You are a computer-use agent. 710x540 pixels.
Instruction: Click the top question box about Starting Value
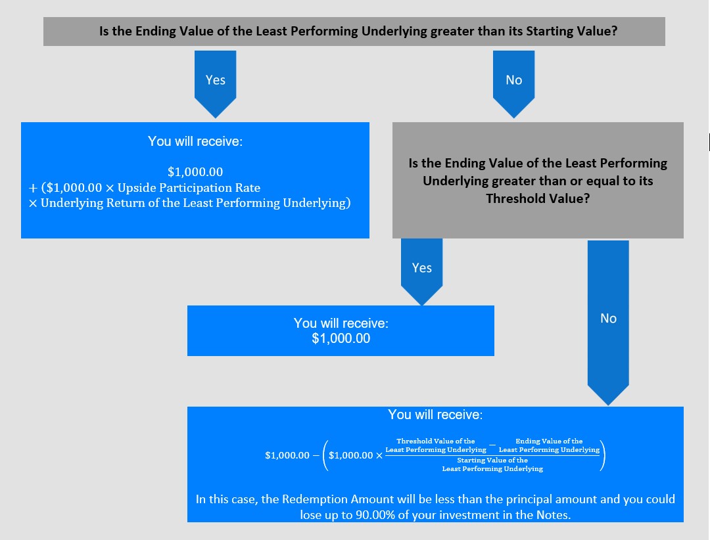pos(354,31)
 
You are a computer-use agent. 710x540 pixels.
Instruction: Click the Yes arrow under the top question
pos(215,80)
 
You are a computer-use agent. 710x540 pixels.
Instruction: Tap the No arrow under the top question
pos(513,80)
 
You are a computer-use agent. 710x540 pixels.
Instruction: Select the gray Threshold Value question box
pos(538,181)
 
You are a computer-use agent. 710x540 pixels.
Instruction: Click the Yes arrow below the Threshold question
pos(421,268)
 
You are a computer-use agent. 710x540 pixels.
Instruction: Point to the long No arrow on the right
pos(608,319)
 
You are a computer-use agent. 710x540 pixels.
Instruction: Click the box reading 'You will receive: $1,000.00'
pos(341,331)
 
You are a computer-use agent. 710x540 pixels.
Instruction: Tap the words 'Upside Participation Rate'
pos(189,187)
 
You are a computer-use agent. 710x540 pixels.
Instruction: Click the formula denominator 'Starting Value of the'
pos(492,461)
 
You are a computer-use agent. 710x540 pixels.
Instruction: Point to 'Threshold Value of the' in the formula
pos(435,441)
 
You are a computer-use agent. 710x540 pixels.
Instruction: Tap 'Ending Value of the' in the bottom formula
pos(549,441)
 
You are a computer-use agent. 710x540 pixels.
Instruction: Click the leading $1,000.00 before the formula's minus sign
pos(287,455)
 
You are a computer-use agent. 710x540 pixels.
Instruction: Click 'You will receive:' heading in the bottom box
pos(435,415)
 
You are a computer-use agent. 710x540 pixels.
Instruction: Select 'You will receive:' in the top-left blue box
pos(195,141)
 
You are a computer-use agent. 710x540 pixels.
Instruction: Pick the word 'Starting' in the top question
pos(550,31)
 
